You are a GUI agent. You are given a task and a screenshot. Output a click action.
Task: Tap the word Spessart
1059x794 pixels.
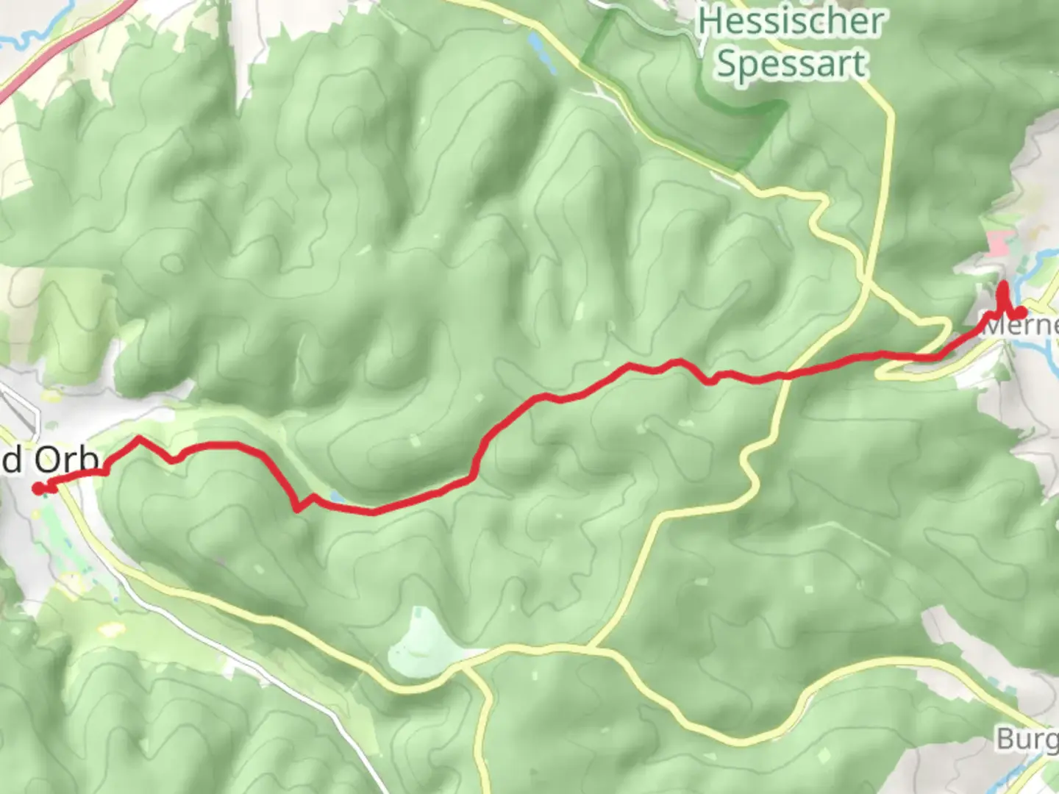791,65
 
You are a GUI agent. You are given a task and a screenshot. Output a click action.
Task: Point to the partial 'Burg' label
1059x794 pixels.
1027,738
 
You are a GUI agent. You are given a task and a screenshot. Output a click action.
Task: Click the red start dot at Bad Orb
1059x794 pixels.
38,487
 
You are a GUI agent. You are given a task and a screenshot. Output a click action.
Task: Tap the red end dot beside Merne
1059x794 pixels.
1021,312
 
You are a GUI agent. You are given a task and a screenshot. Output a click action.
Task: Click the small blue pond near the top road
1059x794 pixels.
535,46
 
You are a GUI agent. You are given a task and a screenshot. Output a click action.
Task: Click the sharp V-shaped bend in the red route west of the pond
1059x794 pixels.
296,508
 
